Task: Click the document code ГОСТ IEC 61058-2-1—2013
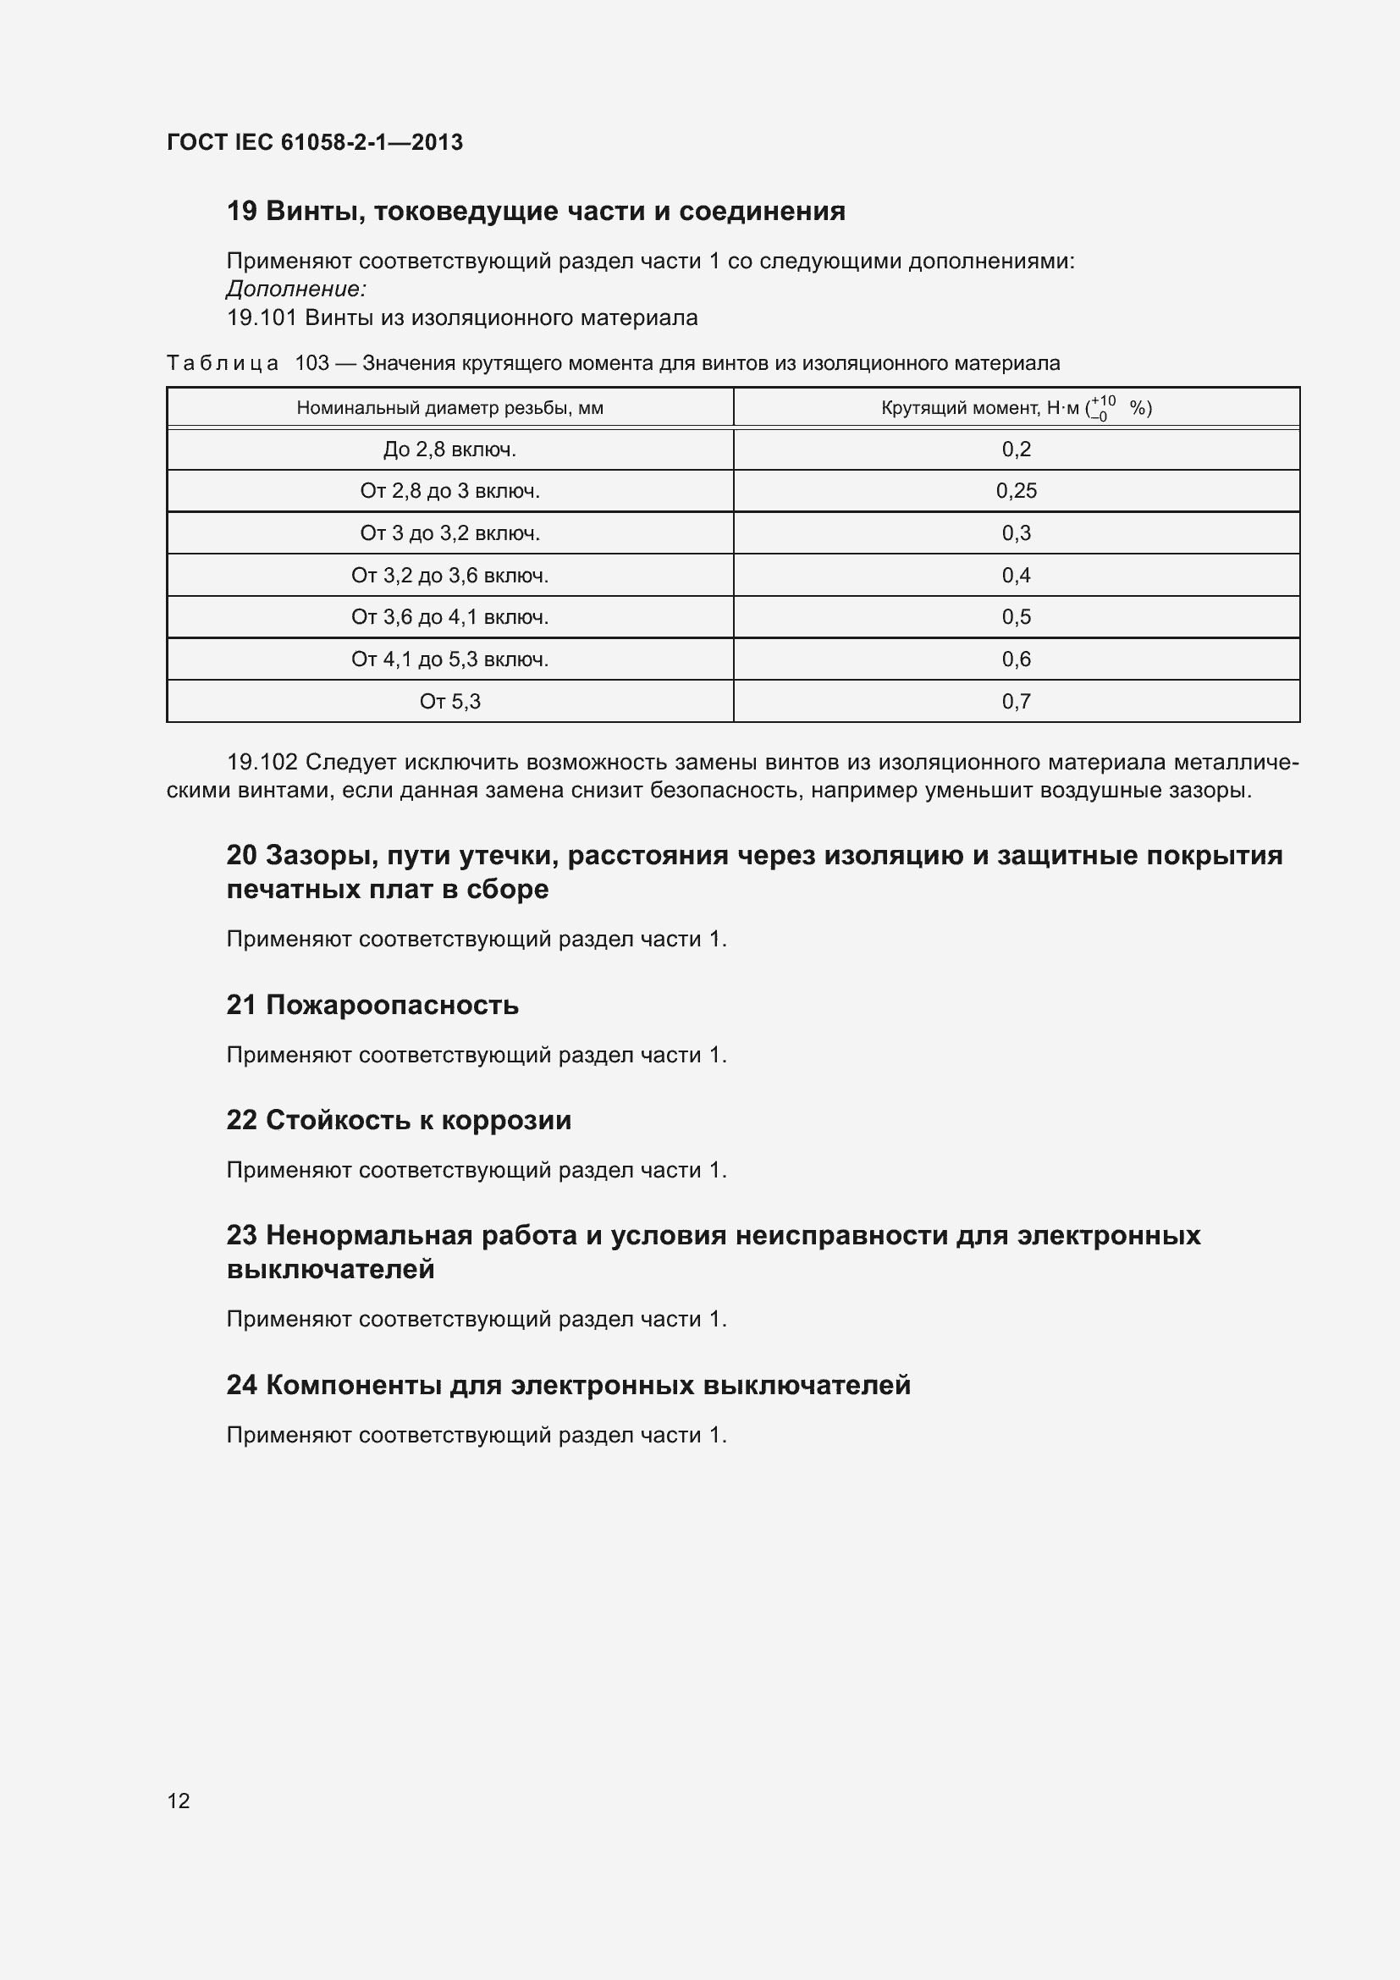315,142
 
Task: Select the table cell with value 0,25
1016,491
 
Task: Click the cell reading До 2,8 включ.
449,449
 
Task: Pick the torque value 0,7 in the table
1016,701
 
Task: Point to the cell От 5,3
449,701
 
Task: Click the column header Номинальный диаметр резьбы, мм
449,408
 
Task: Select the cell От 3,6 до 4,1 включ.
449,616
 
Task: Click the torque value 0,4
1016,575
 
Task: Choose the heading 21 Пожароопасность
372,1005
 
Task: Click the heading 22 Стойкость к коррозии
399,1119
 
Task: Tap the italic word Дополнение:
296,289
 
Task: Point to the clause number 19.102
262,763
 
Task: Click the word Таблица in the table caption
223,363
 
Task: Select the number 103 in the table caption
312,363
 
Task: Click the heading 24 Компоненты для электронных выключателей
568,1384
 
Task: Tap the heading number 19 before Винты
241,212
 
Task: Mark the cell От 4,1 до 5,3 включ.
449,659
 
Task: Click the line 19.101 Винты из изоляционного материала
462,317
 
